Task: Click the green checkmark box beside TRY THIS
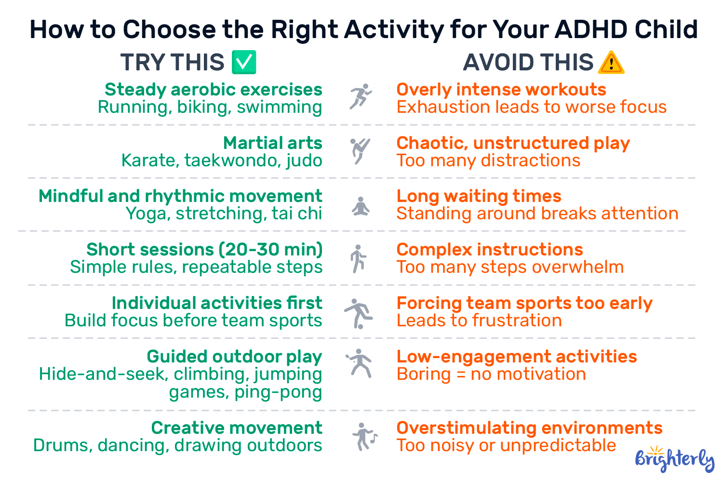coord(244,62)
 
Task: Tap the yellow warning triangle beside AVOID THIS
coord(611,63)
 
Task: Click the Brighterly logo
coord(675,459)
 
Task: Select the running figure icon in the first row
coord(361,96)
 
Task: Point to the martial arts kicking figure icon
coord(360,151)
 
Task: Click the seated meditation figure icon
coord(361,206)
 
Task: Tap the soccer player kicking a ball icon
coord(359,313)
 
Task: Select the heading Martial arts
coord(273,143)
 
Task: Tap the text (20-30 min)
coord(271,250)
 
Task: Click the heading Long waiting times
coord(479,196)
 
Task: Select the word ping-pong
coord(278,392)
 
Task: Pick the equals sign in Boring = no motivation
coord(461,375)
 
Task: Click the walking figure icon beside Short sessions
coord(358,259)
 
